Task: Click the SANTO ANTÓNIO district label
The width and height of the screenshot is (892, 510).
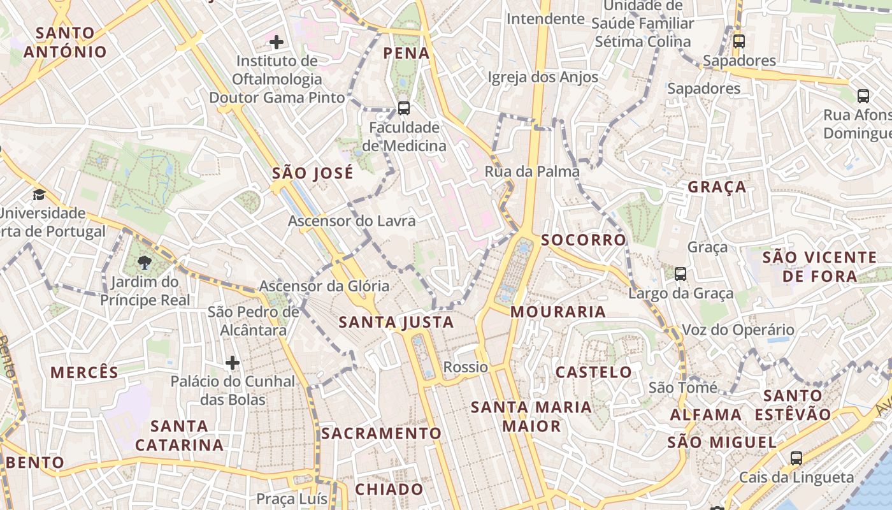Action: pos(65,42)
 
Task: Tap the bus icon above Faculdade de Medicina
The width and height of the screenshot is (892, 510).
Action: pos(403,108)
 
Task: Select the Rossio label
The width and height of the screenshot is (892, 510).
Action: pos(466,367)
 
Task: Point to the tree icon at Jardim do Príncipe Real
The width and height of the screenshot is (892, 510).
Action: pos(145,262)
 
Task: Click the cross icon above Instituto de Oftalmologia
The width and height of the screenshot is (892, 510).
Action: pos(277,42)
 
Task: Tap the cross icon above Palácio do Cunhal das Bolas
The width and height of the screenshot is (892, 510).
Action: pos(233,363)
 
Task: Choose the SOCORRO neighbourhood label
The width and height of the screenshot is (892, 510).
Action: pos(584,240)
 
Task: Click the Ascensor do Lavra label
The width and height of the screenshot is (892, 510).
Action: pos(352,221)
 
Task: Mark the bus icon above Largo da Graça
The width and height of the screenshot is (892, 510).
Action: pos(680,274)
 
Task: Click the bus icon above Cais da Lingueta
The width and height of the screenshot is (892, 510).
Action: pos(796,458)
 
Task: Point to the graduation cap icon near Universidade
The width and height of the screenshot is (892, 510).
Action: pos(40,194)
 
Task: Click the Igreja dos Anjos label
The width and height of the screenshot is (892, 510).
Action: pos(543,77)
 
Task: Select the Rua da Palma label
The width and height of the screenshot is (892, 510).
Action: pos(532,171)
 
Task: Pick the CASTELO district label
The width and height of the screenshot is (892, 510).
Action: pos(594,372)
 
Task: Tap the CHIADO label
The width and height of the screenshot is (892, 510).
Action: pos(389,490)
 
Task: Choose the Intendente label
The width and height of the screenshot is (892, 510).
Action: pos(545,19)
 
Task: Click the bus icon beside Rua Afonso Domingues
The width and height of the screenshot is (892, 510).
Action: pos(863,96)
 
